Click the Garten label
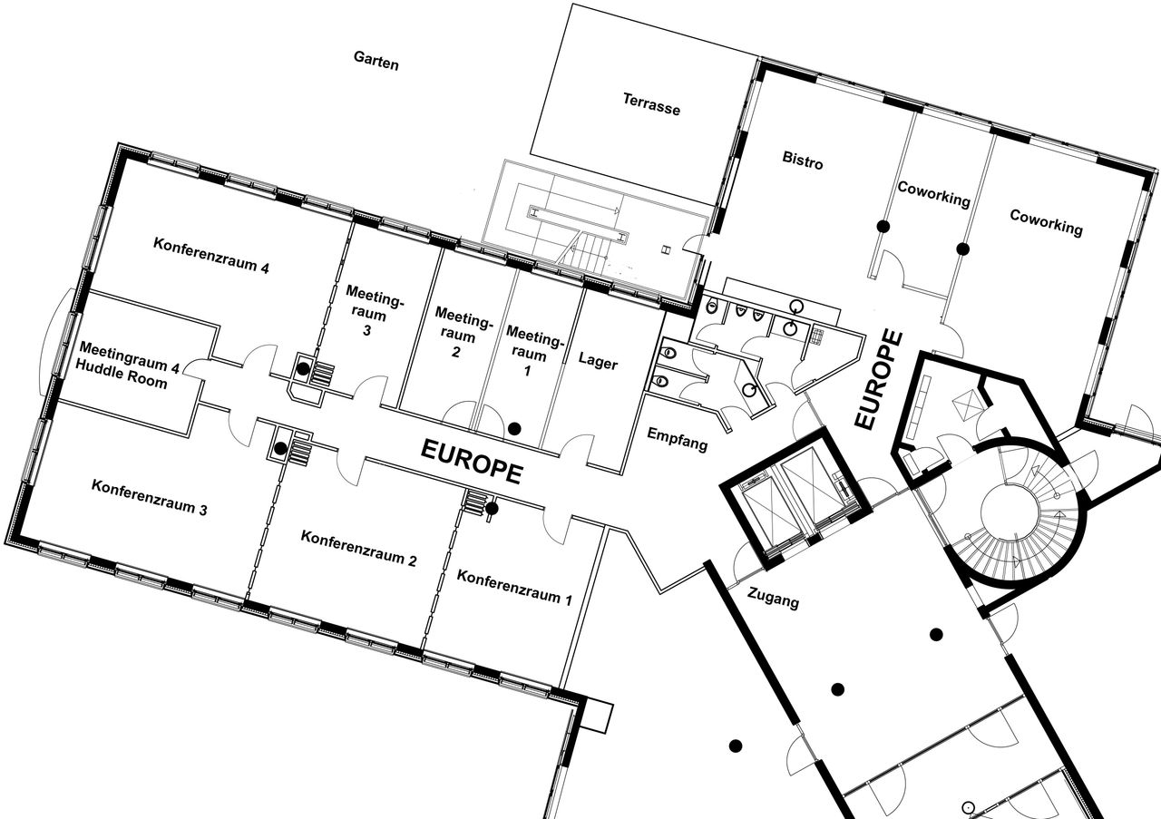click(376, 61)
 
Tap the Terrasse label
click(651, 103)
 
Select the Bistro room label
click(803, 160)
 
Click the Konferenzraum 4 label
click(211, 255)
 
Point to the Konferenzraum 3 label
click(150, 498)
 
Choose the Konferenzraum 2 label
click(358, 549)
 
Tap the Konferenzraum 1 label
click(514, 588)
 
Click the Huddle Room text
click(122, 374)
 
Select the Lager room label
click(598, 360)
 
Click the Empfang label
click(678, 440)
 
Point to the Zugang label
click(773, 599)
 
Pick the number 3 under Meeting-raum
click(367, 330)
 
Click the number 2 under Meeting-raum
click(455, 351)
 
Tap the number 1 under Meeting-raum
click(527, 371)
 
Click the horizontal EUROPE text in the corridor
click(471, 462)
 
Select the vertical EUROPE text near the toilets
click(879, 380)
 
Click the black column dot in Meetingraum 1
click(514, 428)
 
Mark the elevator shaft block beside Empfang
click(795, 498)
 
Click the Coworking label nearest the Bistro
click(933, 194)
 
